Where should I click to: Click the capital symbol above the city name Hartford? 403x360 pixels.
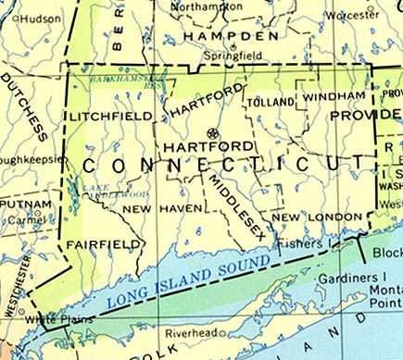coord(214,131)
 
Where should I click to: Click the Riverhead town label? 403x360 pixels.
coord(190,332)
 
